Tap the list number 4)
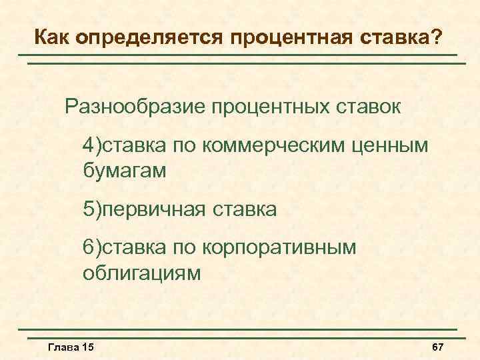[92, 145]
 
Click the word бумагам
[124, 170]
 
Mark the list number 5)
[92, 210]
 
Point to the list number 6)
[92, 248]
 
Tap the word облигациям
[141, 273]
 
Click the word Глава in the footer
[63, 347]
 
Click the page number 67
[438, 347]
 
